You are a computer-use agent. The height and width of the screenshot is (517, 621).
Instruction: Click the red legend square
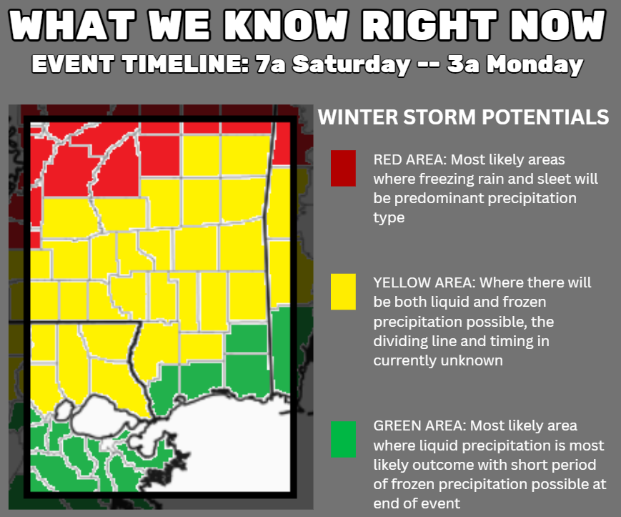pos(343,168)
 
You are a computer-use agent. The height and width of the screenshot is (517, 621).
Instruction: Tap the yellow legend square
pos(343,292)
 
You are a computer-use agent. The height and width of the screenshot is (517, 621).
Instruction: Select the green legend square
pos(343,439)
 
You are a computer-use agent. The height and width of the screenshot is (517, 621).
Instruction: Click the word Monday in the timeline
pos(535,64)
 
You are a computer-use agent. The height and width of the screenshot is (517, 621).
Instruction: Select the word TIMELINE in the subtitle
pos(185,64)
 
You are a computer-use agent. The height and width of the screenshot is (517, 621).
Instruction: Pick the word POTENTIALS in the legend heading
pos(545,117)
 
